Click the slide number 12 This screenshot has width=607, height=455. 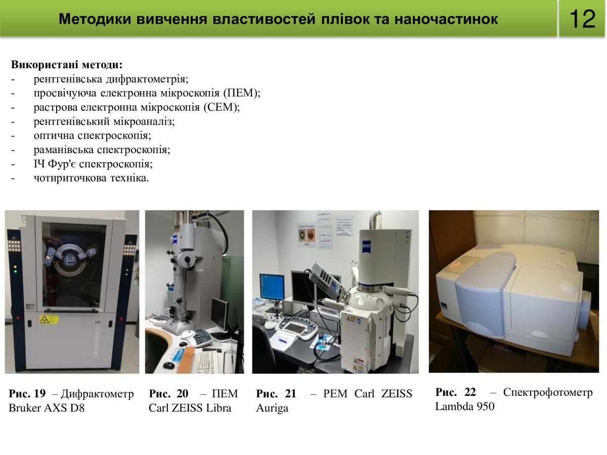(x=582, y=19)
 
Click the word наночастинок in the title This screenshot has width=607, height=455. (x=446, y=19)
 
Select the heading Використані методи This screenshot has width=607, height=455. (x=67, y=65)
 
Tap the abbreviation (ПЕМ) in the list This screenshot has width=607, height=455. (x=242, y=93)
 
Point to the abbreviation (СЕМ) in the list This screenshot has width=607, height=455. (x=222, y=107)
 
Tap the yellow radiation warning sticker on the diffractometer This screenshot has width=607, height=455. (x=49, y=320)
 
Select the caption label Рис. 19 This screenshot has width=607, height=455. (x=27, y=393)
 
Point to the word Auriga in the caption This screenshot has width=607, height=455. (x=272, y=408)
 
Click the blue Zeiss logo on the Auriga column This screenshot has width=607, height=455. (x=367, y=245)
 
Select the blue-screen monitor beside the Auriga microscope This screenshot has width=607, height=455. (x=272, y=287)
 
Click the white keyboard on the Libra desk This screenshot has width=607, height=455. (x=205, y=361)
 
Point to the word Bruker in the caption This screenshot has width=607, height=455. (x=25, y=408)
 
